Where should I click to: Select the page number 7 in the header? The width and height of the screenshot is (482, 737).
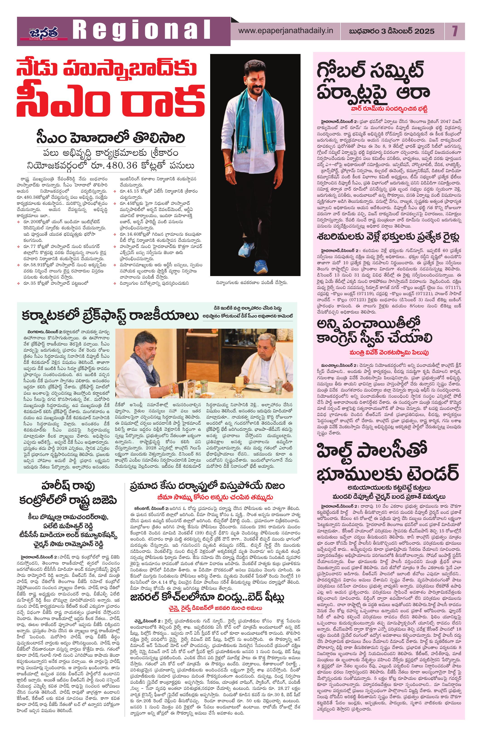point(454,31)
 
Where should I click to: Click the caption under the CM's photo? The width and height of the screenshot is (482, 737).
point(252,282)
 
